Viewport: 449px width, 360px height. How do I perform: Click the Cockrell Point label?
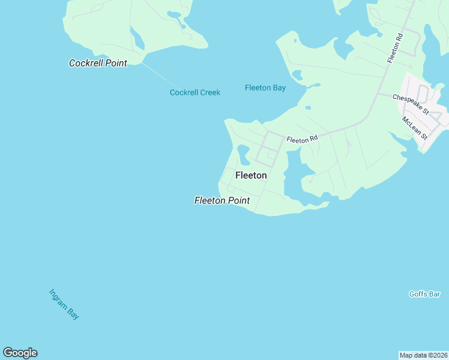pyautogui.click(x=98, y=62)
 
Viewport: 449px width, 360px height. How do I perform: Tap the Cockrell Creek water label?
pyautogui.click(x=195, y=92)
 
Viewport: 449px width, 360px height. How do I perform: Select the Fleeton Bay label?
pyautogui.click(x=265, y=88)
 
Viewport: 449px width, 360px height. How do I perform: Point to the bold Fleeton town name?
pyautogui.click(x=251, y=175)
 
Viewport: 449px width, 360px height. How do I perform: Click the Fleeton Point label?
pyautogui.click(x=222, y=200)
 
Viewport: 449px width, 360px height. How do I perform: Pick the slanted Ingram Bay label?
pyautogui.click(x=64, y=304)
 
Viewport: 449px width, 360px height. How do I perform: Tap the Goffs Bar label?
pyautogui.click(x=425, y=294)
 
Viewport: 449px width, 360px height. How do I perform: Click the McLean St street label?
pyautogui.click(x=415, y=128)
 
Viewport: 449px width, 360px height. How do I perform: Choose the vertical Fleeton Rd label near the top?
pyautogui.click(x=395, y=47)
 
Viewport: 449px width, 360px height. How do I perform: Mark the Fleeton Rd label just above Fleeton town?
pyautogui.click(x=301, y=139)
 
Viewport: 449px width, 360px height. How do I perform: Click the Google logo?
pyautogui.click(x=20, y=353)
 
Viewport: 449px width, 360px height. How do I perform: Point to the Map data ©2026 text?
pyautogui.click(x=423, y=355)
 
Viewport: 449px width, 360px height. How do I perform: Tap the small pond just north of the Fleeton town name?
pyautogui.click(x=243, y=154)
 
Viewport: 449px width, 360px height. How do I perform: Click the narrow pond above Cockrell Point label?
pyautogui.click(x=138, y=40)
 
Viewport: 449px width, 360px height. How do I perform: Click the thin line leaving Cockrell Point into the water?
pyautogui.click(x=160, y=74)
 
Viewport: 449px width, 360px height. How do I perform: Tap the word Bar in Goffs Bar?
pyautogui.click(x=435, y=294)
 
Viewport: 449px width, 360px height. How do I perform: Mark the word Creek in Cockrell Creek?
pyautogui.click(x=210, y=92)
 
